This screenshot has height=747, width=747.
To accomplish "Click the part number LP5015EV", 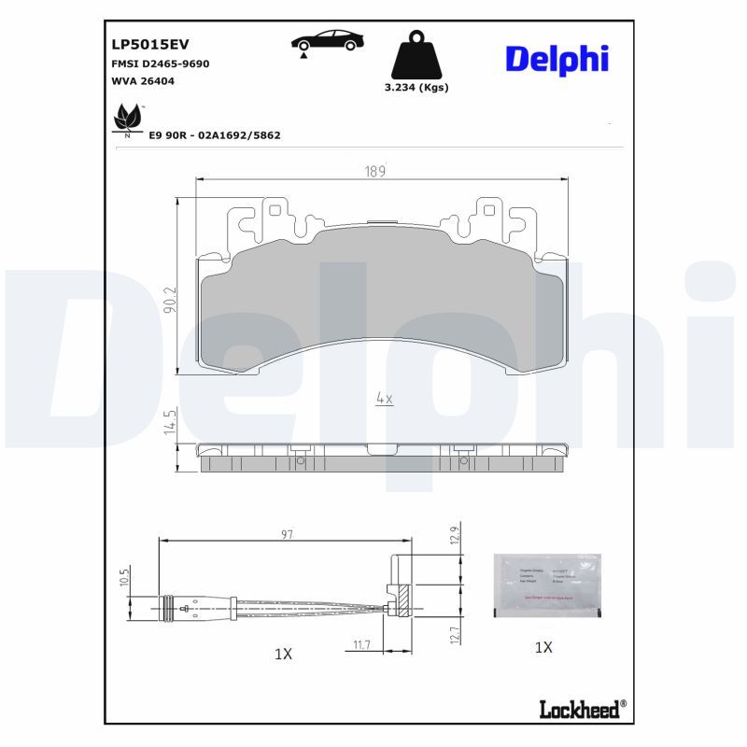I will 149,45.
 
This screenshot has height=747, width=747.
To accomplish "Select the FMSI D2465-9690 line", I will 160,63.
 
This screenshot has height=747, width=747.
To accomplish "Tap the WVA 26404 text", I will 143,81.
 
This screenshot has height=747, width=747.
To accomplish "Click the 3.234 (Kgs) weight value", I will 416,88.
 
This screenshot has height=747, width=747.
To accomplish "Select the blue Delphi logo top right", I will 557,58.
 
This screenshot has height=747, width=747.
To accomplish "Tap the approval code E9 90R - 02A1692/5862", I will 215,135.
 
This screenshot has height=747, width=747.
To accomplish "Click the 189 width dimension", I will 374,172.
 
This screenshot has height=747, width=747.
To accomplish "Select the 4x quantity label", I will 384,399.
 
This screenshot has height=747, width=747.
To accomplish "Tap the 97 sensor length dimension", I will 287,535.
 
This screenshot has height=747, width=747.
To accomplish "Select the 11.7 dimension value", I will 364,643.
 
